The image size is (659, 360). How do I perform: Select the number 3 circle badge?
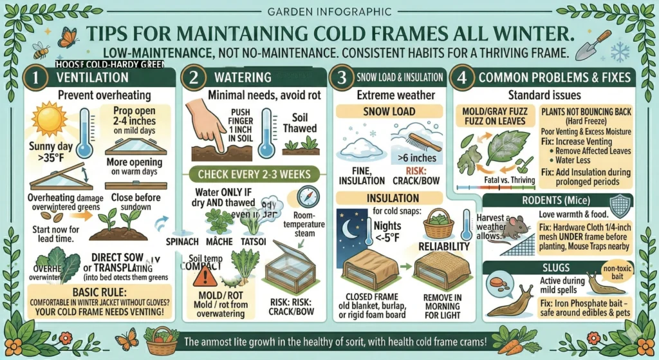344,77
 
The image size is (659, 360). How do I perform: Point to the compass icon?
307,195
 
